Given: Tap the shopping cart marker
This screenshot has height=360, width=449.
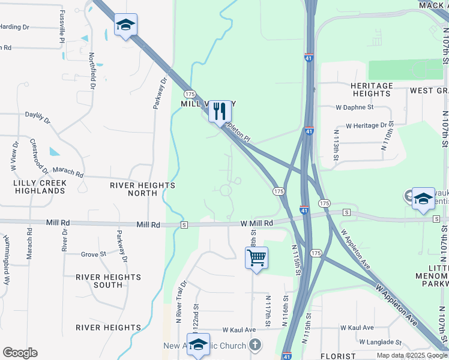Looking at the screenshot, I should click(x=256, y=258).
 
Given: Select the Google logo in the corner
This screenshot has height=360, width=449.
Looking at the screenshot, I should click(x=20, y=353).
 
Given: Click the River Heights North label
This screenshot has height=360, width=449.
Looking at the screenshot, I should click(x=142, y=189).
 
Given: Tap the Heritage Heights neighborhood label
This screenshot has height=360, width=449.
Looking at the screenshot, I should click(x=372, y=90).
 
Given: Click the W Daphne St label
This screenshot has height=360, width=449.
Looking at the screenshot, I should click(x=355, y=107).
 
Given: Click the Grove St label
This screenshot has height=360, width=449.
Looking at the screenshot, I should click(x=93, y=254).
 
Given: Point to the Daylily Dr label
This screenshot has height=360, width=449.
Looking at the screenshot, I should click(x=37, y=117).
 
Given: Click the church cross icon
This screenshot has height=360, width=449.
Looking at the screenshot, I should click(x=256, y=345).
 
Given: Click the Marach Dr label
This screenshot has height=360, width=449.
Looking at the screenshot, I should click(x=68, y=172).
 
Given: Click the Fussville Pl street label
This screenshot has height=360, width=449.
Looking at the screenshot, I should click(x=62, y=25).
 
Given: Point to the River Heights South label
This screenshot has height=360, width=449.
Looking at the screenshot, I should click(x=108, y=281).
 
